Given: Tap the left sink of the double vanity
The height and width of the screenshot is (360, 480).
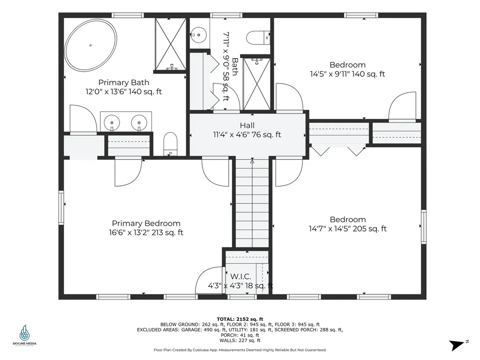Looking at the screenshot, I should (x=112, y=122).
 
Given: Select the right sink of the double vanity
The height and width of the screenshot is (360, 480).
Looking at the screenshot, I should (x=139, y=122).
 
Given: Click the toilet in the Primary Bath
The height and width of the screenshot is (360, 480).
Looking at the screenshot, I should (x=171, y=143).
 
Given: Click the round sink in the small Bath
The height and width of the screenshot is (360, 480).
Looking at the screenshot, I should (x=199, y=34).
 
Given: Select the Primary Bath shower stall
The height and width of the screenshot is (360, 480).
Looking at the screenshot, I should (x=170, y=45).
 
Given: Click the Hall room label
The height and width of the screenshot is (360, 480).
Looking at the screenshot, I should (x=247, y=126).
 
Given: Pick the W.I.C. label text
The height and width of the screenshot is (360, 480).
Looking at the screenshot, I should (x=240, y=277).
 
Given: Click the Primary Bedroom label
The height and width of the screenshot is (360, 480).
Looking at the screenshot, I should (x=146, y=224).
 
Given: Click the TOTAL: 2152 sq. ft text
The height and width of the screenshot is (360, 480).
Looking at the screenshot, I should (x=240, y=318).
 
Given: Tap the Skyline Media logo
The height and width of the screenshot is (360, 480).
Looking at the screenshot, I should (x=24, y=336).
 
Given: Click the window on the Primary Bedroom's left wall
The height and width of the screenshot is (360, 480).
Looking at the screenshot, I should (x=61, y=207).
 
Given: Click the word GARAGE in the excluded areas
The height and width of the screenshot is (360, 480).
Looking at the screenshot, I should (x=189, y=330).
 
